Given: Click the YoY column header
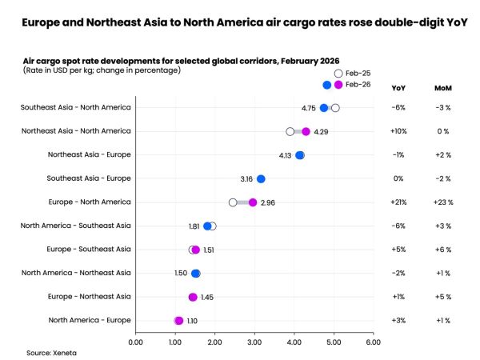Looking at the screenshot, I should tap(398, 87).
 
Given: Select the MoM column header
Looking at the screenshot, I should tap(442, 87).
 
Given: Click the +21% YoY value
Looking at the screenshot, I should tap(398, 202).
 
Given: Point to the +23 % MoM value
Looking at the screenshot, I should tap(442, 202).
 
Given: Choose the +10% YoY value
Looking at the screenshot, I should tap(398, 131).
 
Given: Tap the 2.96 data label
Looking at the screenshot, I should tap(268, 202).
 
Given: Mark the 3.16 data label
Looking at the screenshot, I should tap(246, 178).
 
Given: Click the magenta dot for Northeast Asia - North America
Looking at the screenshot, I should tap(306, 131).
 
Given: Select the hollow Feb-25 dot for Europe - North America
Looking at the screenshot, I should tap(233, 202).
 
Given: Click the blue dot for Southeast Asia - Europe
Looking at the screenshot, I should tap(261, 178).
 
